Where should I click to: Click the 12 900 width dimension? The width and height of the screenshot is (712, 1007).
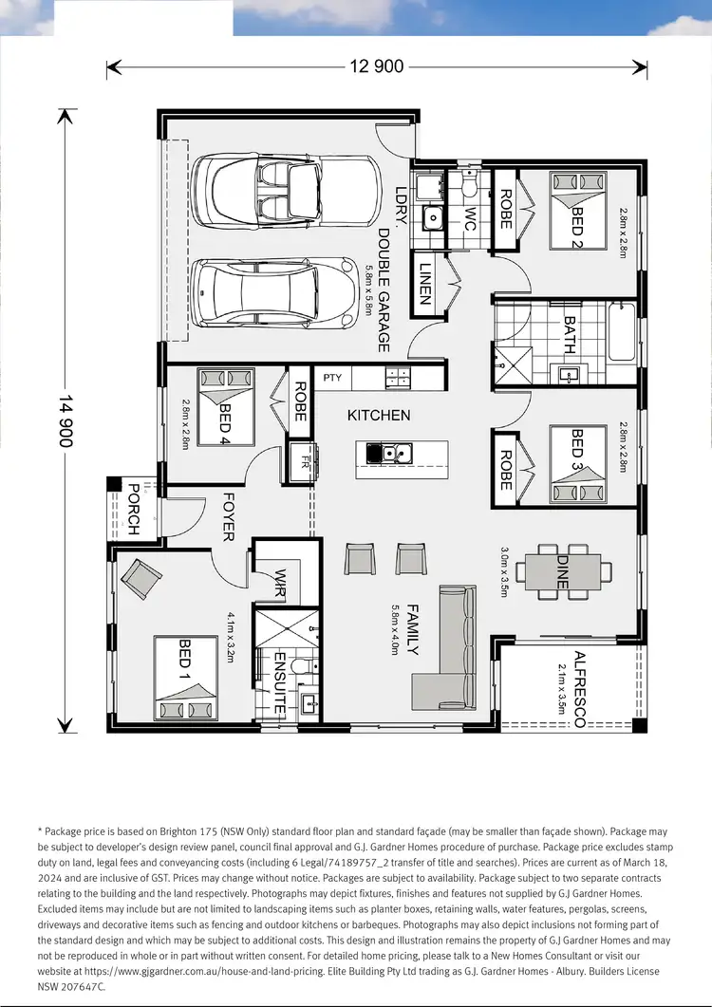(377, 66)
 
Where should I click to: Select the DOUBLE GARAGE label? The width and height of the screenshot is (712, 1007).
(384, 289)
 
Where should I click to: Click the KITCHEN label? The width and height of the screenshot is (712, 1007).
(379, 415)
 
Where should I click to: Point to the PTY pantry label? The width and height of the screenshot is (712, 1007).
(331, 378)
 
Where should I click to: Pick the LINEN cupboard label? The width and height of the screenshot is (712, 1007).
(425, 283)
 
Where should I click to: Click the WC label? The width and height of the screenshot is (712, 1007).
(468, 219)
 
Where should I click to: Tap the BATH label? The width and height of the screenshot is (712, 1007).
(569, 335)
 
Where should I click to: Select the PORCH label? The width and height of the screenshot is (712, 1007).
(133, 510)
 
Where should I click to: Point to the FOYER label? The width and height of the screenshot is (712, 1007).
(228, 517)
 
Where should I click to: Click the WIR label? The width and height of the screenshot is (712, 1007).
(281, 581)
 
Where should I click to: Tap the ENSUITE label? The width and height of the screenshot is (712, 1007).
(280, 683)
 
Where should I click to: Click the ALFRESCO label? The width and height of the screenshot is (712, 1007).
(579, 689)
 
